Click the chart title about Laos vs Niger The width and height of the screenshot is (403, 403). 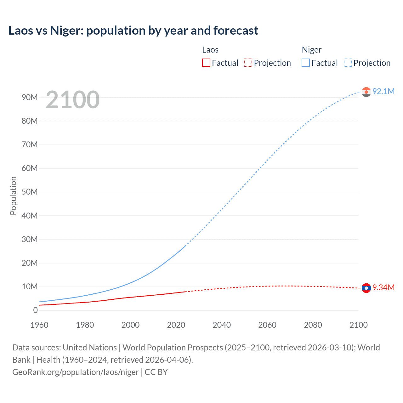(133, 31)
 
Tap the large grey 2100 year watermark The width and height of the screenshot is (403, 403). (73, 100)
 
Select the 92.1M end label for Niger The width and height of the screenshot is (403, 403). (383, 91)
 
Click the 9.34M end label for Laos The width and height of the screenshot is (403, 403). (383, 287)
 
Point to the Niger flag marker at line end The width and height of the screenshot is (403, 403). (366, 92)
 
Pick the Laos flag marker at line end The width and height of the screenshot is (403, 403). (366, 288)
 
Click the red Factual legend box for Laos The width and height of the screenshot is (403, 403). (206, 63)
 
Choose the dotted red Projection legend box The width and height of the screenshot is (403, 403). (248, 63)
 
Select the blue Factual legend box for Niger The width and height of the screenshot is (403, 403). (306, 63)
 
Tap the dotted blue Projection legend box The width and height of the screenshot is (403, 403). (348, 63)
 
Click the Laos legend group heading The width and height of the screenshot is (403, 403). (210, 50)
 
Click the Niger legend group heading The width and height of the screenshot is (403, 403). (312, 50)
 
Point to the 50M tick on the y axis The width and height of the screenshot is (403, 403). (30, 192)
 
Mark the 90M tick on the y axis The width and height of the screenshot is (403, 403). (30, 97)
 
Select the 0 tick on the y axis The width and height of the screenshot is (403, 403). (35, 310)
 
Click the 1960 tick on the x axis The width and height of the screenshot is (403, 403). (39, 325)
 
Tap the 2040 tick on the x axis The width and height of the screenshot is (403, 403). (222, 325)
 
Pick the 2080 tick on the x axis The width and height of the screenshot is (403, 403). (313, 325)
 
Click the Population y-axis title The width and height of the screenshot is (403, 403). (13, 196)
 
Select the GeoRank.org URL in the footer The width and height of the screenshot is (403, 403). (76, 372)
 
